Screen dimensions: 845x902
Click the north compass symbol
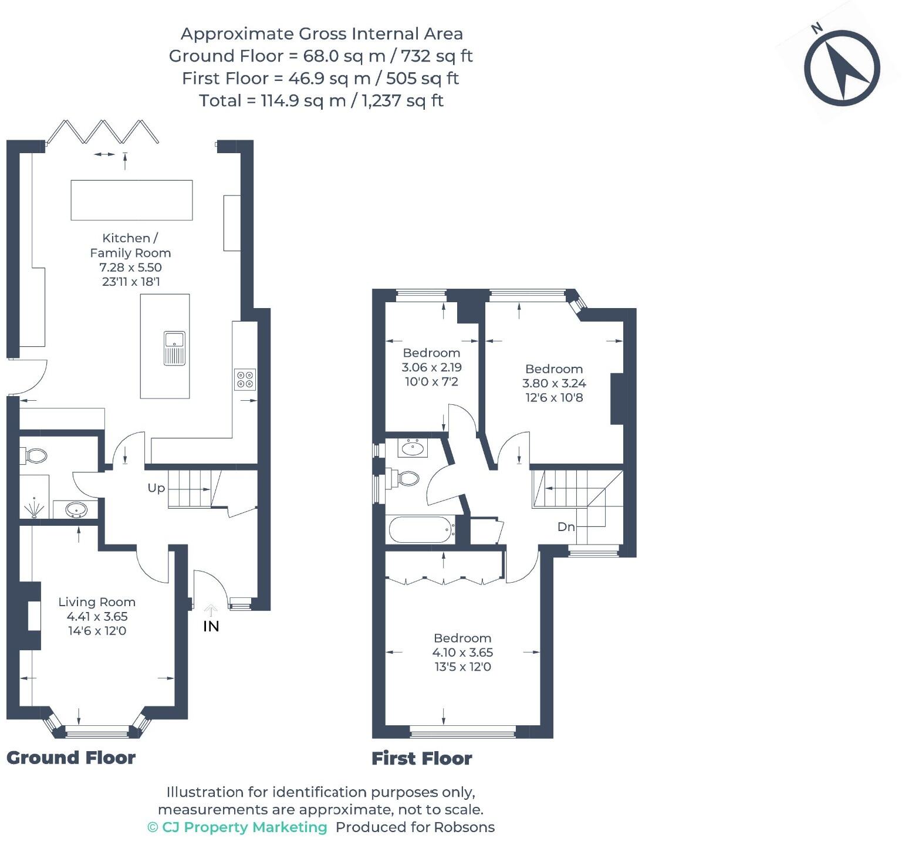[842, 67]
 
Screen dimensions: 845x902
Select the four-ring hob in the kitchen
[245, 379]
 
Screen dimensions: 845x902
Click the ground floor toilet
[35, 455]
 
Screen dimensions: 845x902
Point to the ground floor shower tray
[35, 506]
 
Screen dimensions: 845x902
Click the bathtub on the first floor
[421, 530]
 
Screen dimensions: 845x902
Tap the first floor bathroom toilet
[406, 478]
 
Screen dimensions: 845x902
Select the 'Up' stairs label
[156, 488]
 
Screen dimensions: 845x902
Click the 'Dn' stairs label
[566, 527]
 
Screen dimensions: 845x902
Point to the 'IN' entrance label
[211, 626]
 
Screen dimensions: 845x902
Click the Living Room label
[97, 602]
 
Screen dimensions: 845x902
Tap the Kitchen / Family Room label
[130, 245]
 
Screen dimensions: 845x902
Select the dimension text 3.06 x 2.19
[431, 367]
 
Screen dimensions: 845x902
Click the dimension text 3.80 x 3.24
[554, 383]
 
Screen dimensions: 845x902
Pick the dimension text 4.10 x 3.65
[462, 653]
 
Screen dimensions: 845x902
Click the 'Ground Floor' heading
[71, 758]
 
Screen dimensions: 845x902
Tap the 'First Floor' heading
[421, 758]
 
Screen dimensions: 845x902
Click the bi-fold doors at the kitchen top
[103, 132]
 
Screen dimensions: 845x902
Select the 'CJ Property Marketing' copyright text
[237, 827]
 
